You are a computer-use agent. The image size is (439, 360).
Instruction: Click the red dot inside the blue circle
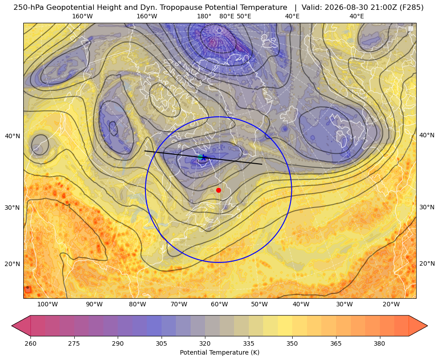[x=218, y=190]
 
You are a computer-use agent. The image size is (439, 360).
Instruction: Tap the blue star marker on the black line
[x=204, y=158]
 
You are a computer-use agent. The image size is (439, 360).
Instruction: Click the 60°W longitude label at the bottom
[x=219, y=304]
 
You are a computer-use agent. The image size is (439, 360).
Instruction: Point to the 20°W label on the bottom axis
[x=391, y=304]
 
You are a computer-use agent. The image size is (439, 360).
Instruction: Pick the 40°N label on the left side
[x=13, y=136]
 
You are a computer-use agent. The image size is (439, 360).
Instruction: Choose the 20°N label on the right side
[x=427, y=263]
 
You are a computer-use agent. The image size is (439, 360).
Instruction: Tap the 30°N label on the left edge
[x=13, y=208]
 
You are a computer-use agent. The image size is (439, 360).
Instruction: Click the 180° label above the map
[x=204, y=16]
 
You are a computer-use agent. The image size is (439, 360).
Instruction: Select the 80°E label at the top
[x=226, y=16]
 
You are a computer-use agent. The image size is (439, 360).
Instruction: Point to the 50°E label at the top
[x=244, y=16]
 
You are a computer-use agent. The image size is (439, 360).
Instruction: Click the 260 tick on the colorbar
[x=30, y=343]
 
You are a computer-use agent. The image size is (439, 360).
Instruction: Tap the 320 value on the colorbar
[x=205, y=343]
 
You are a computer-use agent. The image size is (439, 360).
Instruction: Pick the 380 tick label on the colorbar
[x=379, y=343]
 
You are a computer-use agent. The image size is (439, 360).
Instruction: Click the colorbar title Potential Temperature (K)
[x=219, y=352]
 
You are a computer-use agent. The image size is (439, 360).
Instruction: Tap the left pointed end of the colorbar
[x=12, y=326]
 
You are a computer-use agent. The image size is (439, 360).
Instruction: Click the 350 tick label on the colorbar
[x=292, y=343]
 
